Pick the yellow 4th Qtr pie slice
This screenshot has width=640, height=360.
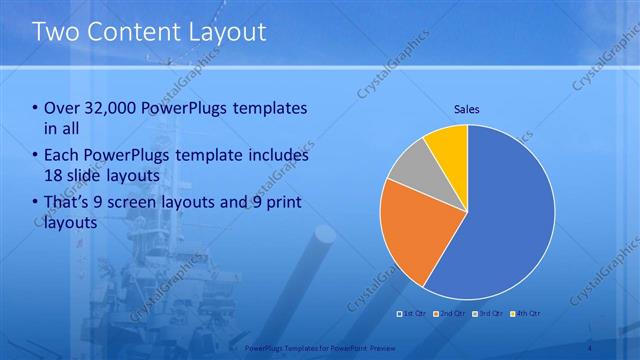(449, 146)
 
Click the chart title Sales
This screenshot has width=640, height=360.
(467, 108)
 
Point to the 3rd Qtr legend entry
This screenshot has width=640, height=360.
(489, 314)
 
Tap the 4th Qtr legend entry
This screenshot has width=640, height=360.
(527, 314)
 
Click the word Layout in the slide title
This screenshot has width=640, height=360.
(231, 31)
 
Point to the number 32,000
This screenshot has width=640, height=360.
(115, 108)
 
